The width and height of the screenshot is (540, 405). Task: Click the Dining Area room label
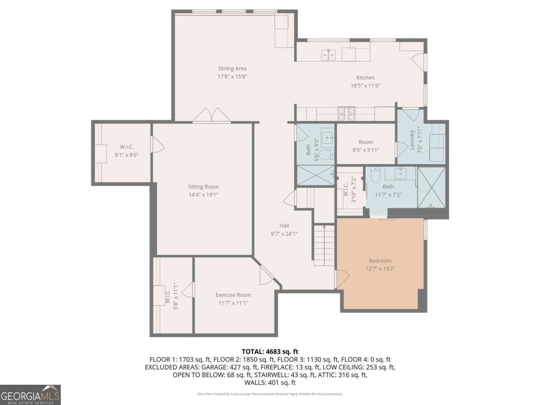point(232,68)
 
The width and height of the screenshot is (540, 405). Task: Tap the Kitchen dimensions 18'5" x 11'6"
point(365,86)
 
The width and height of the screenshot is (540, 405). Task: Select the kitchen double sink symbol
point(328,55)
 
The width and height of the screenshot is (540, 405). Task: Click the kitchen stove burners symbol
point(346,113)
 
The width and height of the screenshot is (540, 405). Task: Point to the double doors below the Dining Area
point(211,115)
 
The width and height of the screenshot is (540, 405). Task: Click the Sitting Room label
point(203,187)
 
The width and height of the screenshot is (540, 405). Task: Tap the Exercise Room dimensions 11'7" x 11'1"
point(233,303)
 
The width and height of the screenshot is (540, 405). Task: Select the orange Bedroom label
point(380,261)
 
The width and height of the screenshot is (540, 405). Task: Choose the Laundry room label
point(412,140)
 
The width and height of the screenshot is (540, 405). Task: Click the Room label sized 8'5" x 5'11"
point(365,142)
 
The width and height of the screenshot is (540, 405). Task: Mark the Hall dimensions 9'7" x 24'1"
point(284,234)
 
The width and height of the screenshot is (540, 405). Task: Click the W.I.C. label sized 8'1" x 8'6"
point(126,147)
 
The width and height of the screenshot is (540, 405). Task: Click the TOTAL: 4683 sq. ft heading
point(270,351)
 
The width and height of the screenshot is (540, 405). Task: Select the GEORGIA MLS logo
point(30,395)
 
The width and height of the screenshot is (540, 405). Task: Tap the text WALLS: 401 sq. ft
point(270,382)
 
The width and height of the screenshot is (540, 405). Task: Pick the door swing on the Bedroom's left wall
point(342,279)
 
